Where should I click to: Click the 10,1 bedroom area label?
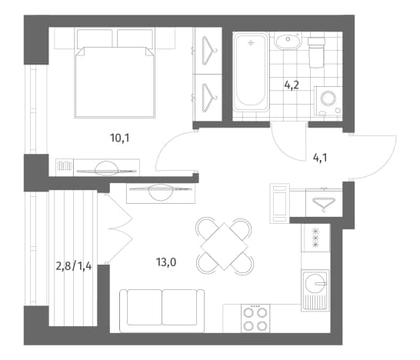point(120,138)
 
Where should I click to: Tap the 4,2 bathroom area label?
point(292,85)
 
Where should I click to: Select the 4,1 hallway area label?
point(320,158)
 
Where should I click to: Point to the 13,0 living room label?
point(166,262)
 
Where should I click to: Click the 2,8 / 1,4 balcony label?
point(74,266)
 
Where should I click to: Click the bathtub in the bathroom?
point(251,72)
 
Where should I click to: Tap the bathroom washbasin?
point(288,41)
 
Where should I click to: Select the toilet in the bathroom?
point(316,52)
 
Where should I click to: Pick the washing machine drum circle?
point(328,98)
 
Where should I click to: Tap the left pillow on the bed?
point(95,38)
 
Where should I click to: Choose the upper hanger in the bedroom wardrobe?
point(209,51)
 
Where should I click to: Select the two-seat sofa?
point(162,311)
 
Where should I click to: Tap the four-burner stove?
point(255,318)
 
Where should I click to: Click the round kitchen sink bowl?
point(315,284)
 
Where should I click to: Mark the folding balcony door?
point(119,228)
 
